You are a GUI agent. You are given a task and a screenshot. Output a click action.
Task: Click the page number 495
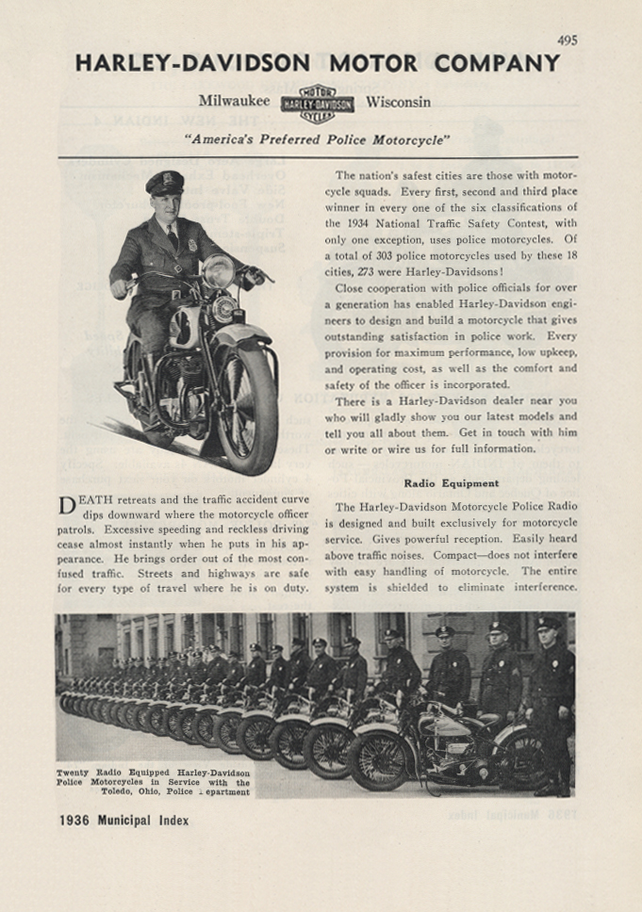click(567, 41)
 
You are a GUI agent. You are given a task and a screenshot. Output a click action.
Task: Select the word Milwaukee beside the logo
click(234, 102)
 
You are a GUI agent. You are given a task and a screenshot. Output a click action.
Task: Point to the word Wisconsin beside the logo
click(398, 102)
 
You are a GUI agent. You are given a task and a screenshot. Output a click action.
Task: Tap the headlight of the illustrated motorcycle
click(219, 271)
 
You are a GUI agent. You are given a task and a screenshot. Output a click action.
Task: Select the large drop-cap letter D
click(67, 507)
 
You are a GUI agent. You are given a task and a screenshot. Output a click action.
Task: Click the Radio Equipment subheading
click(452, 483)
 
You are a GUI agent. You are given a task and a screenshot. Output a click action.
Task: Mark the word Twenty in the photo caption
click(74, 773)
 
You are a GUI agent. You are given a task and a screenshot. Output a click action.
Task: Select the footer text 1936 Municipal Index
click(123, 821)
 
